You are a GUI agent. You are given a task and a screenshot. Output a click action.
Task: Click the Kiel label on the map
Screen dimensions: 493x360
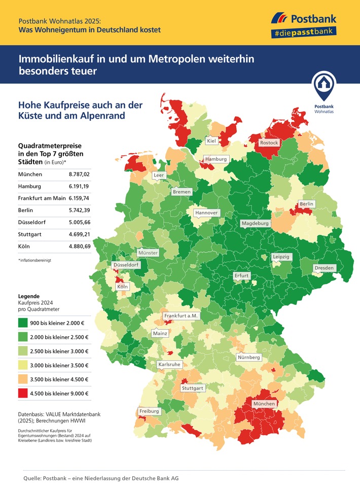click(212, 140)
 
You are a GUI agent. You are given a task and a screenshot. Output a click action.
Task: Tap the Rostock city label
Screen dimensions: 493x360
click(269, 143)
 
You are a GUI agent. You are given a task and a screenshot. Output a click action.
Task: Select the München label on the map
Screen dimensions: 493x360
click(264, 403)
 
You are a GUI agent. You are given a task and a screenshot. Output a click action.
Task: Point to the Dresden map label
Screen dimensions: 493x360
click(324, 268)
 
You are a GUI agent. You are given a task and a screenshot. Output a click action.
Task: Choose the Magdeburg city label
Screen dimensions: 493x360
click(255, 223)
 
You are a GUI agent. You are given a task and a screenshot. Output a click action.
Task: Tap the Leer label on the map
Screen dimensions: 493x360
click(159, 175)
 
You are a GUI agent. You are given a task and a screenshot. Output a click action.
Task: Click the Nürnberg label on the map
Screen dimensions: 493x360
click(248, 358)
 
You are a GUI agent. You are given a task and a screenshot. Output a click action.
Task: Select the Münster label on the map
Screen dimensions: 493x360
click(148, 253)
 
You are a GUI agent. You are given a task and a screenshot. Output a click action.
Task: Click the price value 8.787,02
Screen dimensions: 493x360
click(79, 174)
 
